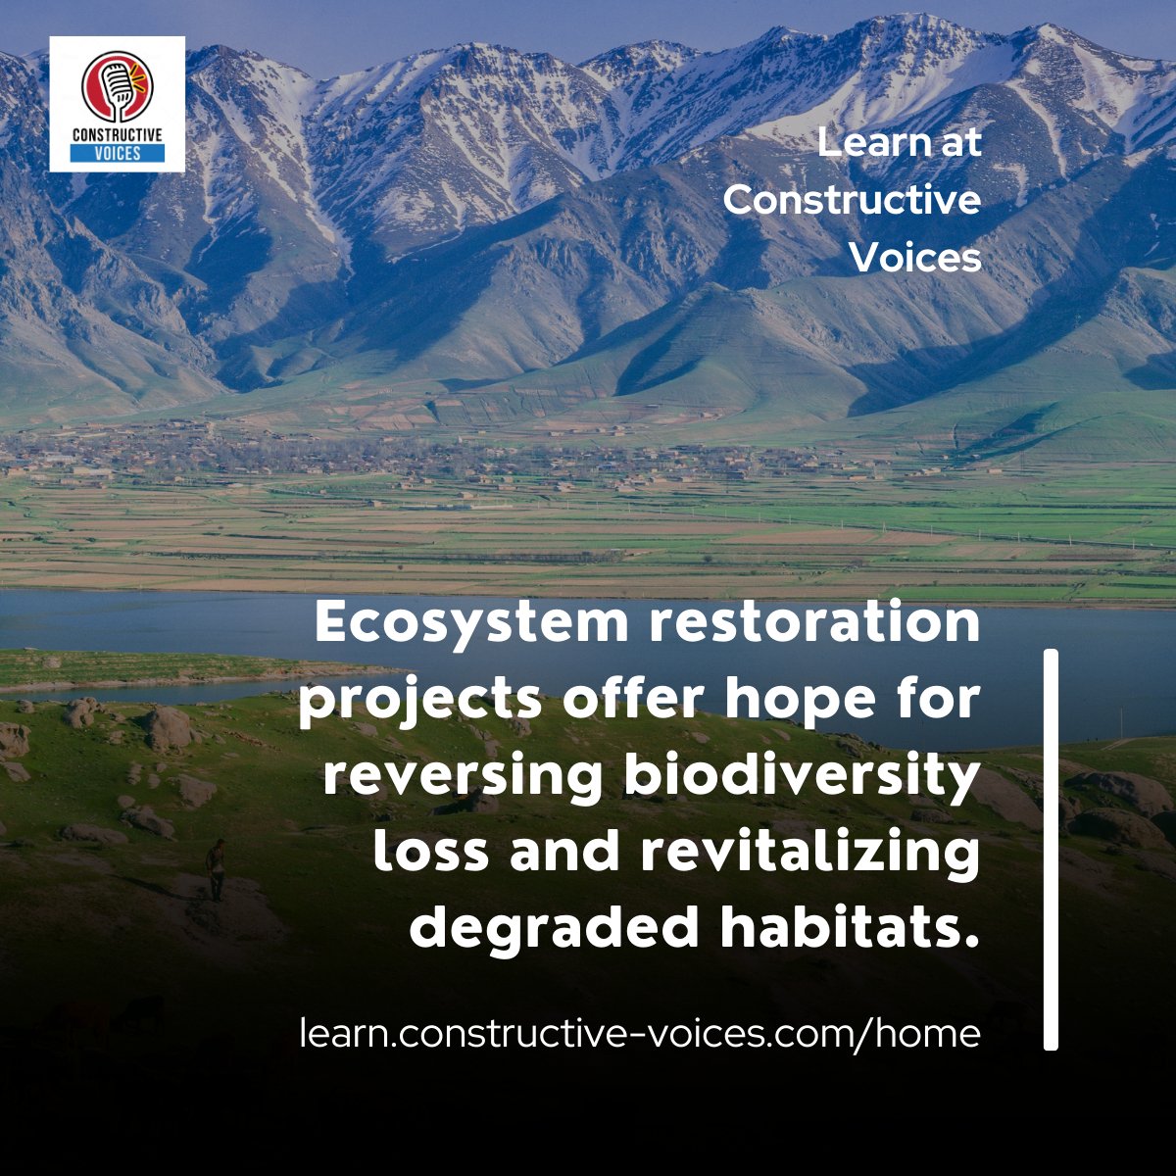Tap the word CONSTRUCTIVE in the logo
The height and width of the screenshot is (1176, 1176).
117,134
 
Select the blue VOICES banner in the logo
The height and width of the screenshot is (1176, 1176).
117,153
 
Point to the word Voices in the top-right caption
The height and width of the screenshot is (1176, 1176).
914,258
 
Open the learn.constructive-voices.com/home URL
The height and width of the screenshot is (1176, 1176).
640,1033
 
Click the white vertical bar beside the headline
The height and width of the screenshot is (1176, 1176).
1051,849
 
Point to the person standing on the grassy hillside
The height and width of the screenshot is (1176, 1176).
216,866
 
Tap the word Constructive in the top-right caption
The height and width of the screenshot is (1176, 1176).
852,201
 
